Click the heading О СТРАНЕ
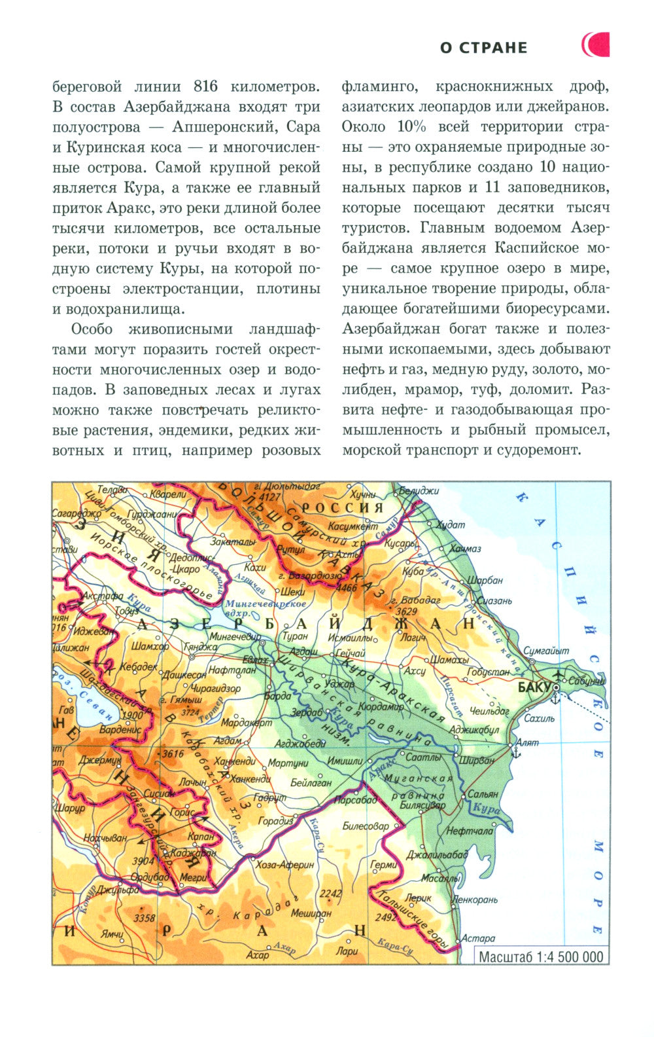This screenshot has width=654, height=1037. (483, 48)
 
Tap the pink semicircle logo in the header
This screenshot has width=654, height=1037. (596, 45)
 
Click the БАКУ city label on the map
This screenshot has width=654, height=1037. (533, 687)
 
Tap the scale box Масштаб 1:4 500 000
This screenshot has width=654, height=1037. (541, 956)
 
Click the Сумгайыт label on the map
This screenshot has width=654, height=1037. (546, 651)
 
